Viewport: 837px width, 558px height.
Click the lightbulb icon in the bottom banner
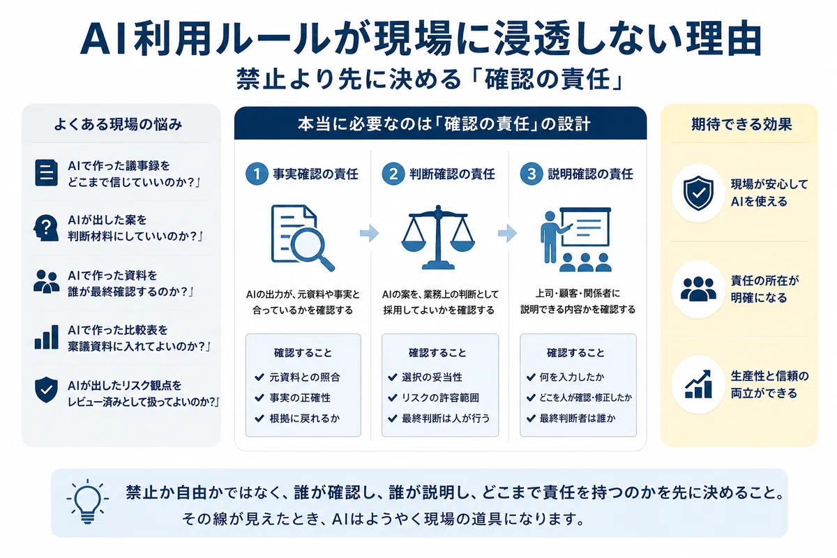88,501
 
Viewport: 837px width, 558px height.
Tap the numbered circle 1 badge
257,174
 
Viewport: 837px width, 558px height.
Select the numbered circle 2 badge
393,174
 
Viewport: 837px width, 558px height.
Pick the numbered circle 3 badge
531,174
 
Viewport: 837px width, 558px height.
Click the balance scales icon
438,237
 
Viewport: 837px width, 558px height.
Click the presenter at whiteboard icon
576,239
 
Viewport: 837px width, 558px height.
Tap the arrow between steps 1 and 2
369,233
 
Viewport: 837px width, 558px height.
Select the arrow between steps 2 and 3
508,233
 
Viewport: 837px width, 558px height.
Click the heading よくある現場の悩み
118,124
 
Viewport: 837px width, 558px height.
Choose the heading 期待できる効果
741,124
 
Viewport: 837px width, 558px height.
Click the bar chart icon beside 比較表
46,337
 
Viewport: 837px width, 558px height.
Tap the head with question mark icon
46,227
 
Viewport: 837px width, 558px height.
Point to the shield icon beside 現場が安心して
698,193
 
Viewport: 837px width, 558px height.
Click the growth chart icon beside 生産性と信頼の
698,384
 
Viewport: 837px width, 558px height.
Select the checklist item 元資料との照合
305,377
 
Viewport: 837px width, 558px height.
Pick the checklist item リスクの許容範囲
440,398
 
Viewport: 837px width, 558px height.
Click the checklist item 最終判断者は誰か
578,418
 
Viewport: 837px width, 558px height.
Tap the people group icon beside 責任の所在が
698,289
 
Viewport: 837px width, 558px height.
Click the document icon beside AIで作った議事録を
46,173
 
